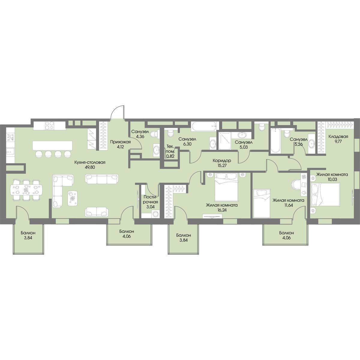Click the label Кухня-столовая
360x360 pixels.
coord(90,163)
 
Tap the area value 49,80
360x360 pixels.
coord(90,167)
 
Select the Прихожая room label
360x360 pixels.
coord(120,142)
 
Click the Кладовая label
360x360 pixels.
coord(338,136)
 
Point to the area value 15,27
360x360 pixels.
coord(222,165)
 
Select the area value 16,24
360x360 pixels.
coord(222,210)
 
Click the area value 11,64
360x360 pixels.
coord(288,205)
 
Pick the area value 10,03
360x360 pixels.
coord(332,179)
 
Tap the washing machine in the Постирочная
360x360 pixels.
coord(155,214)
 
